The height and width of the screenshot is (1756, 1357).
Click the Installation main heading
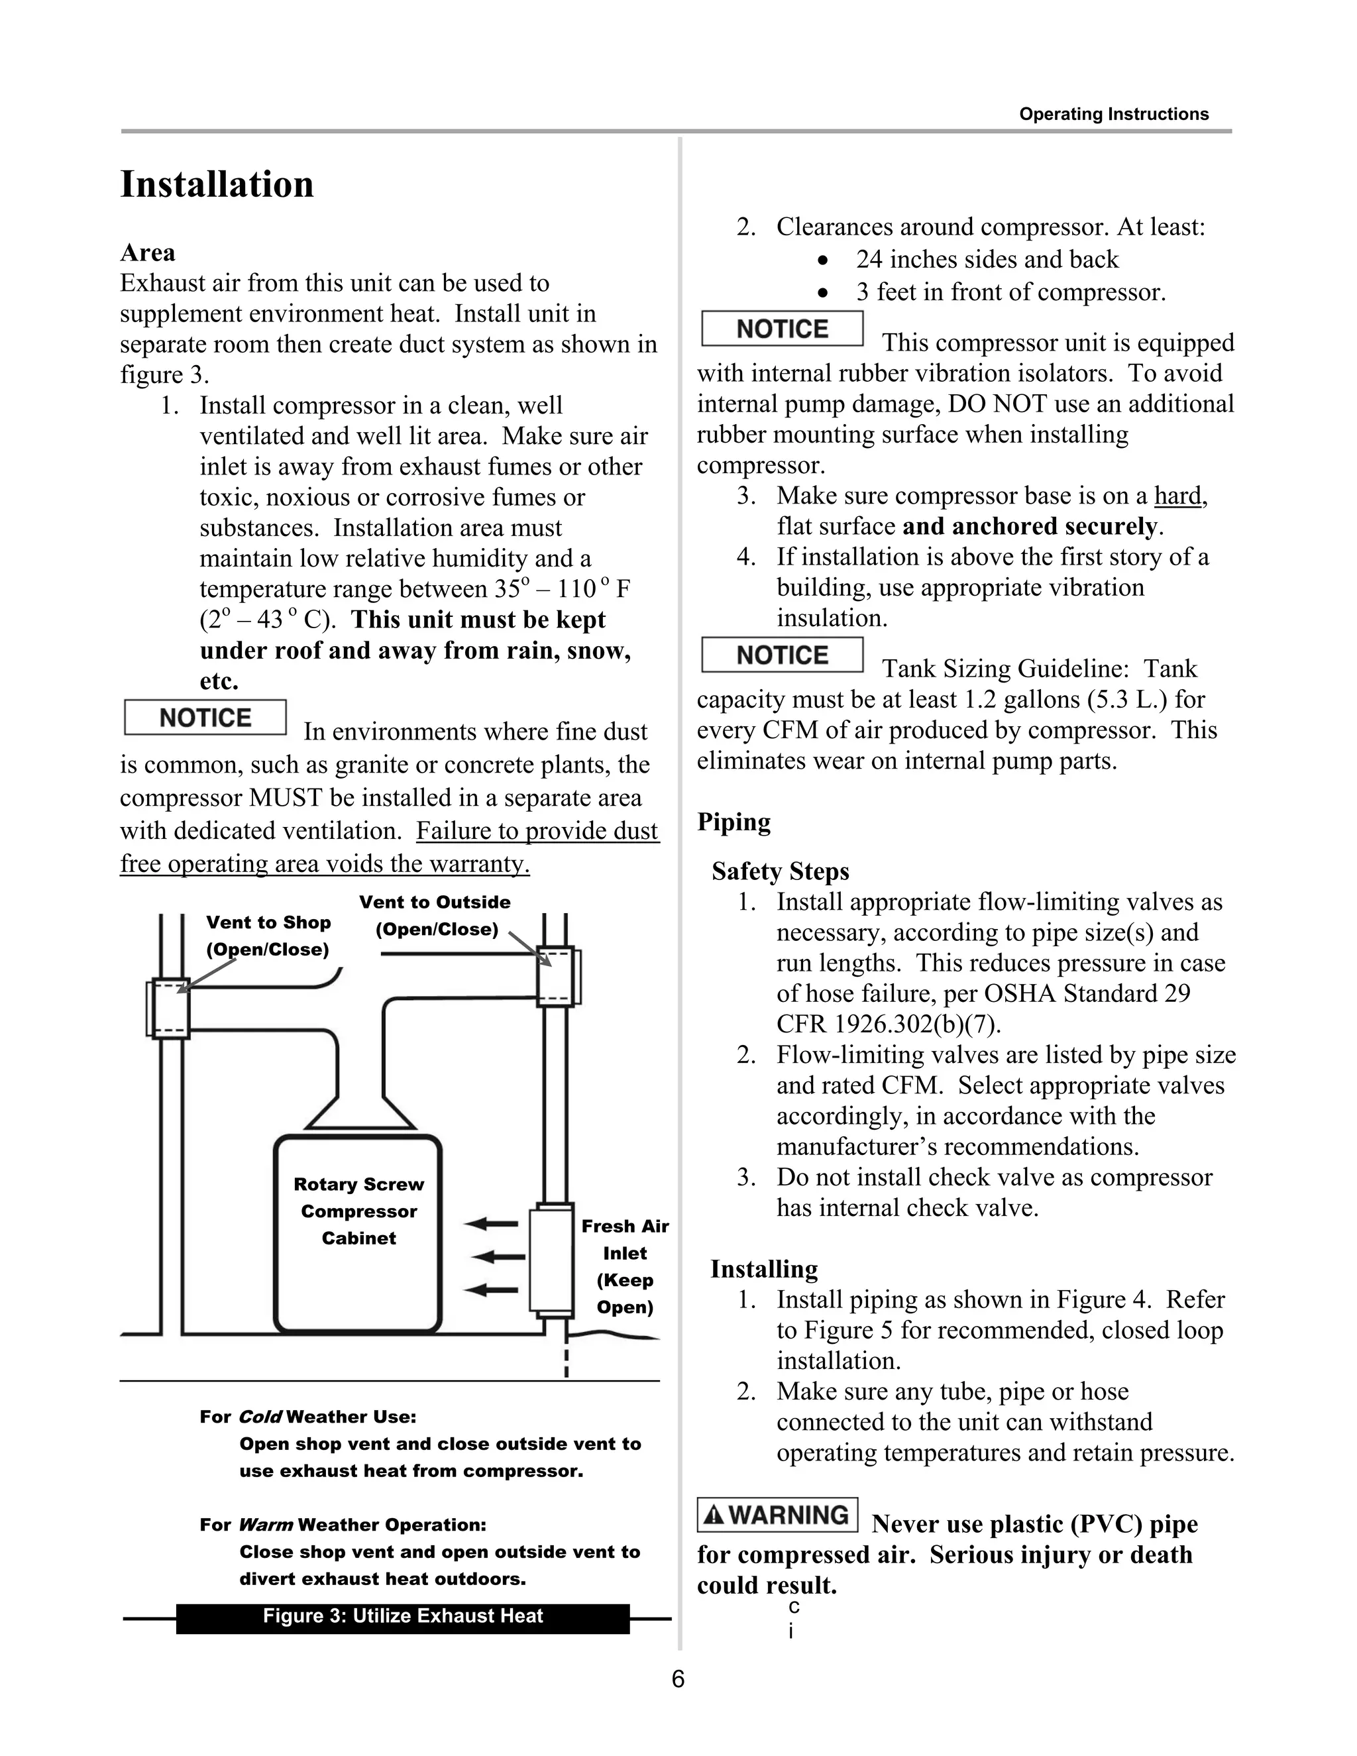(217, 184)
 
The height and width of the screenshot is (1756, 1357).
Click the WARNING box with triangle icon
(777, 1515)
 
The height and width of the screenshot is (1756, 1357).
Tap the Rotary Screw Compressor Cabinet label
(358, 1211)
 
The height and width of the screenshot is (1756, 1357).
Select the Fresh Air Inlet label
(625, 1266)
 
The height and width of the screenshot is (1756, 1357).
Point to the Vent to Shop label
(268, 936)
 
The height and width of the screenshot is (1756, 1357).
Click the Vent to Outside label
(435, 915)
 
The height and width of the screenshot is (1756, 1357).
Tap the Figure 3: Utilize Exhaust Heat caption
(403, 1616)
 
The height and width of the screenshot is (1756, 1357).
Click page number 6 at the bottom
(678, 1679)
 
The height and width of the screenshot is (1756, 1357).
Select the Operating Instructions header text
(1113, 114)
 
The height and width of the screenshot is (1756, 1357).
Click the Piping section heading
(733, 822)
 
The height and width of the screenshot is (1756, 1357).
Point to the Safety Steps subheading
(780, 871)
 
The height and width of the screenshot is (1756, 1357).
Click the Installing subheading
(764, 1269)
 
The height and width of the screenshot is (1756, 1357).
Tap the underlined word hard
(1177, 496)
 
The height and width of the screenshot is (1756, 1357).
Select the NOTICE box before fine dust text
(205, 717)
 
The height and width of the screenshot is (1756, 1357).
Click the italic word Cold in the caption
(260, 1417)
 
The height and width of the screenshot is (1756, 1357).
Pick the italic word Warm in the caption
(265, 1525)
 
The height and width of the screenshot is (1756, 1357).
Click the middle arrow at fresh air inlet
(494, 1256)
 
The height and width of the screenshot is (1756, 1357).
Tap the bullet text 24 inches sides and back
(987, 259)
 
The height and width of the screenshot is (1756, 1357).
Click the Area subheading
(147, 252)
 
